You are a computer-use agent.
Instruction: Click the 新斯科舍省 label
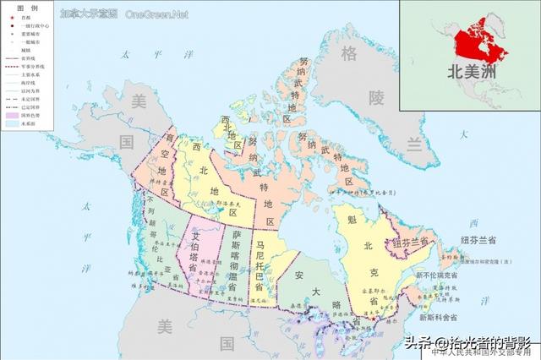tap(436, 318)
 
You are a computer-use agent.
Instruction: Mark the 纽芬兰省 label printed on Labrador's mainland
tap(414, 243)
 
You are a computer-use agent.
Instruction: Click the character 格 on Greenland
tap(348, 55)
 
